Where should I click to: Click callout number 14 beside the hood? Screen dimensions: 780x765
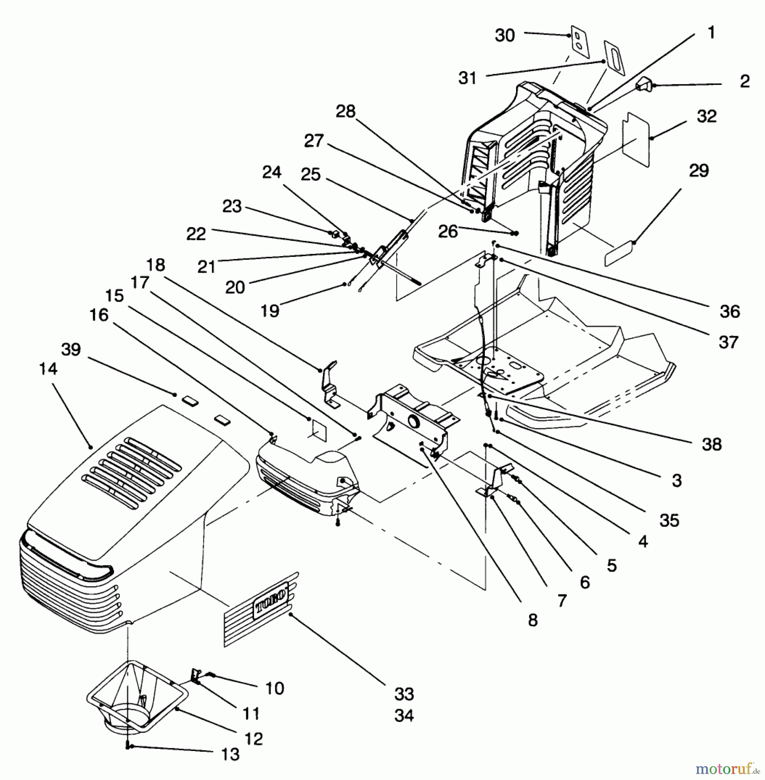[x=48, y=369]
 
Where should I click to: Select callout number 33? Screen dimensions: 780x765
[x=404, y=694]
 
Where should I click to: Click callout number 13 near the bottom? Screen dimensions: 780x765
[x=230, y=754]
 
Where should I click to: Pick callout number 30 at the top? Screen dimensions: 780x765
[x=505, y=36]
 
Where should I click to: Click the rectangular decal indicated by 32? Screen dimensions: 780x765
[x=636, y=139]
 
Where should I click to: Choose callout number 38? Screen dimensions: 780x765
[x=712, y=444]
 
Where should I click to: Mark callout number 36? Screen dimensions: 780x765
[x=729, y=311]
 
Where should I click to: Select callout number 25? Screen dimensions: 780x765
[x=311, y=175]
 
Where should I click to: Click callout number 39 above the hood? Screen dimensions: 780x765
[x=71, y=349]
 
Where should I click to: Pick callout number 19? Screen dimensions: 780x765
[x=270, y=310]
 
